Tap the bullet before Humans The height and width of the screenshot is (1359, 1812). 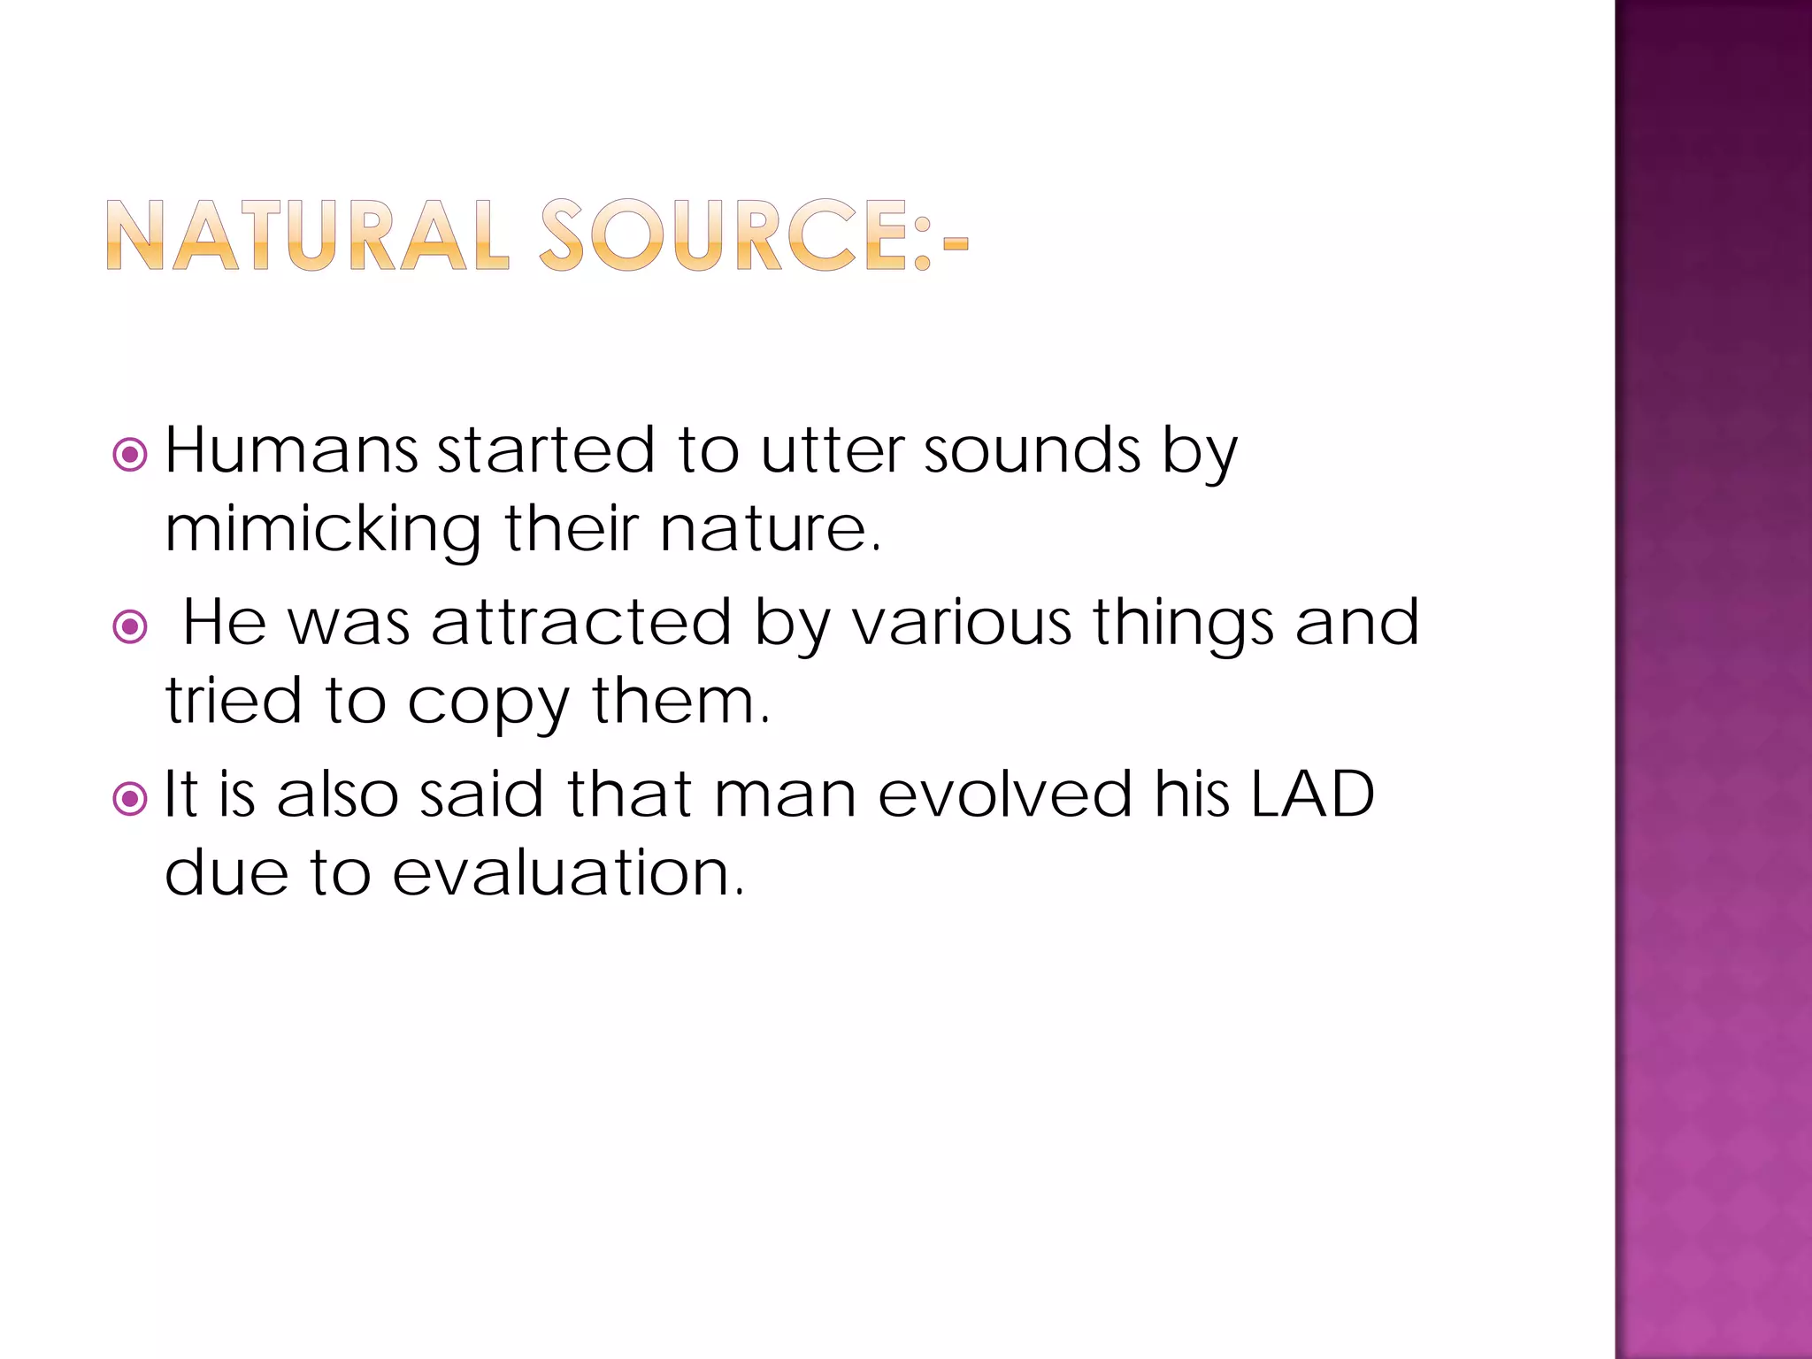(x=130, y=455)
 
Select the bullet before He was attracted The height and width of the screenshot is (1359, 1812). (x=130, y=627)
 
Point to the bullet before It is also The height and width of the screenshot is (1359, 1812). (x=130, y=799)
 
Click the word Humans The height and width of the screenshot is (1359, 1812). (x=291, y=451)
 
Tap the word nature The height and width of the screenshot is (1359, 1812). (x=770, y=529)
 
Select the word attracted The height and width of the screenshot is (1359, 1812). (x=581, y=622)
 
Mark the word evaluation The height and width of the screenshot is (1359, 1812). (x=567, y=872)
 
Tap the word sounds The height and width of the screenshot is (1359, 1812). (x=1033, y=451)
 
